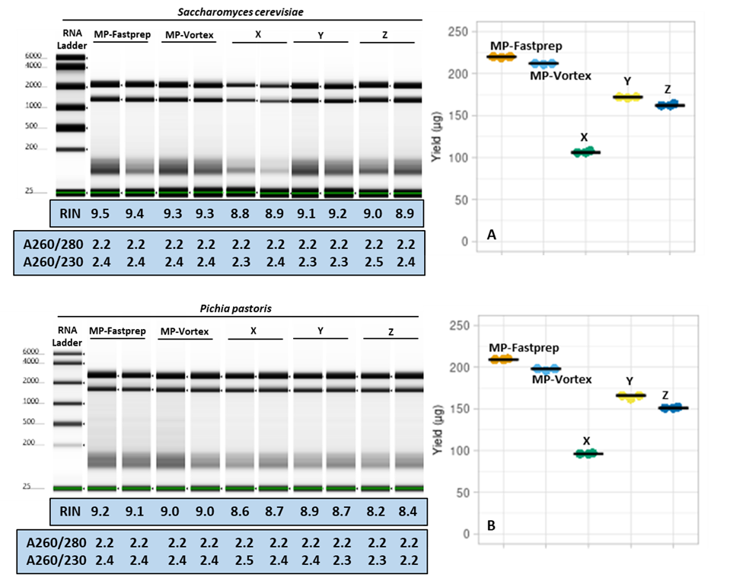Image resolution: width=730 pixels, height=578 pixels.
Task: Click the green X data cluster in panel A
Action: coord(585,152)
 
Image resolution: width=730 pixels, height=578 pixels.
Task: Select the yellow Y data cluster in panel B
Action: coord(630,396)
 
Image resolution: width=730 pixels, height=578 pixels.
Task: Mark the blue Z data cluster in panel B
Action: coord(673,408)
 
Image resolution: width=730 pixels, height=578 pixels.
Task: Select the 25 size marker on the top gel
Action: coord(28,192)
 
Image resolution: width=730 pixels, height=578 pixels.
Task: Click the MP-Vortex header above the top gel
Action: coord(187,35)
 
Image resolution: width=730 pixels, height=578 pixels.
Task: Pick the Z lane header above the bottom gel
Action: coord(390,332)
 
